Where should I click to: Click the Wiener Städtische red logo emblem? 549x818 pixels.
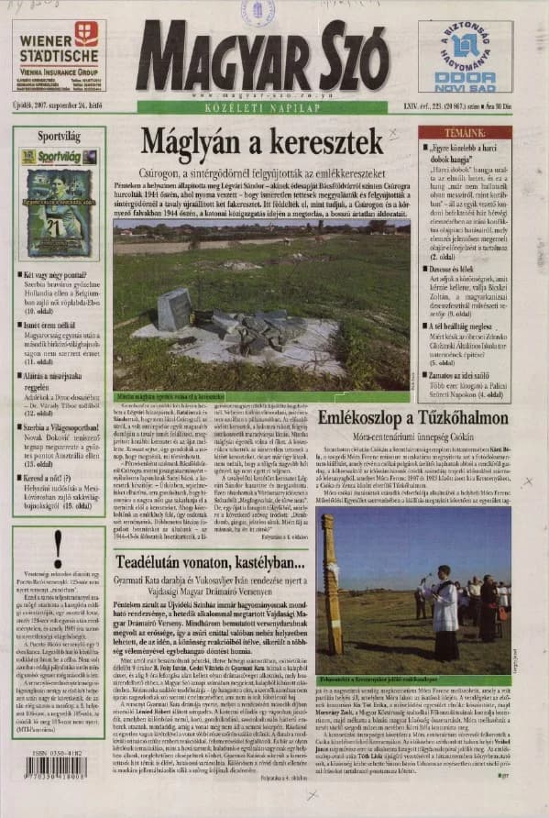[x=87, y=34]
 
